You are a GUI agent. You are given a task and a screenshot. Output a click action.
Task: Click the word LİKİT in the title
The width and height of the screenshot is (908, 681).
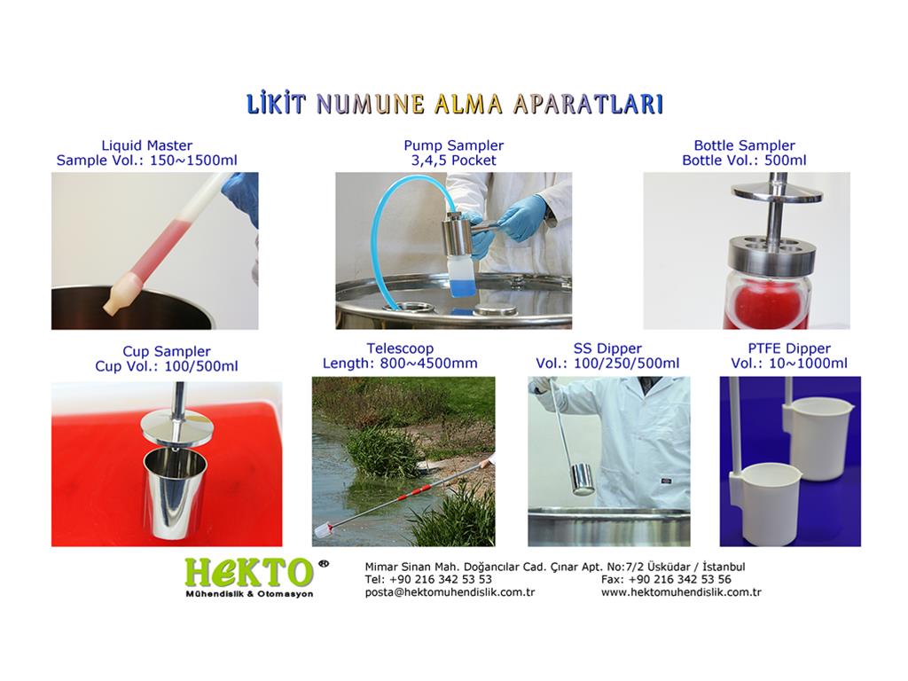tap(277, 105)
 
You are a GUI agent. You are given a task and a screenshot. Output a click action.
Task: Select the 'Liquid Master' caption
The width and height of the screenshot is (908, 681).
tap(146, 145)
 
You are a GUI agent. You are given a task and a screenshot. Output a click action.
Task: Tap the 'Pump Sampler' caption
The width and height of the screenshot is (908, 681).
tap(453, 145)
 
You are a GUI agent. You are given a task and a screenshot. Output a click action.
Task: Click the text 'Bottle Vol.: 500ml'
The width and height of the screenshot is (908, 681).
tap(744, 160)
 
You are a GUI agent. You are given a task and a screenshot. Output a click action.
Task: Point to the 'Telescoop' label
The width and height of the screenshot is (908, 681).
tap(400, 348)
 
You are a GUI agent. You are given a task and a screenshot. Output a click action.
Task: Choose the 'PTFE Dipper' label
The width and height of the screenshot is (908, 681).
tap(789, 348)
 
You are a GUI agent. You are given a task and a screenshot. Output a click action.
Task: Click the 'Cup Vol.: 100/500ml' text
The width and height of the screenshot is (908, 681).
tap(167, 366)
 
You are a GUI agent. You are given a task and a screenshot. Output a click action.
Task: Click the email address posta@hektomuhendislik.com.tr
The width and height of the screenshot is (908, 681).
tap(450, 592)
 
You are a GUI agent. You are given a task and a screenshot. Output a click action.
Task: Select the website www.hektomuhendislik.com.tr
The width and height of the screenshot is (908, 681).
tap(681, 592)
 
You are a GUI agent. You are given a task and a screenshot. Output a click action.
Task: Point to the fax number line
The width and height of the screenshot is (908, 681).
tap(666, 579)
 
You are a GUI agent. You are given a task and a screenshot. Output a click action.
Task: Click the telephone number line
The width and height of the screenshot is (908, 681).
tap(428, 579)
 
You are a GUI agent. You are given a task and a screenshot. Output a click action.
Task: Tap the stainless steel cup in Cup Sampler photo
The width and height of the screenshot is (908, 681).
tap(175, 492)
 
